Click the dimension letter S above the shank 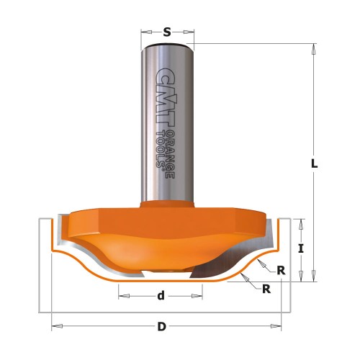coord(167,32)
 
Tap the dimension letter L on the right coord(314,164)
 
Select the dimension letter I coord(301,248)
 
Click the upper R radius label coord(281,271)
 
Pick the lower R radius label coord(266,289)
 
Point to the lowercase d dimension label coord(161,296)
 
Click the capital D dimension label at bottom coord(162,327)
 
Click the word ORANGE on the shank coord(171,155)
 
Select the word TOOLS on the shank coord(160,150)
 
